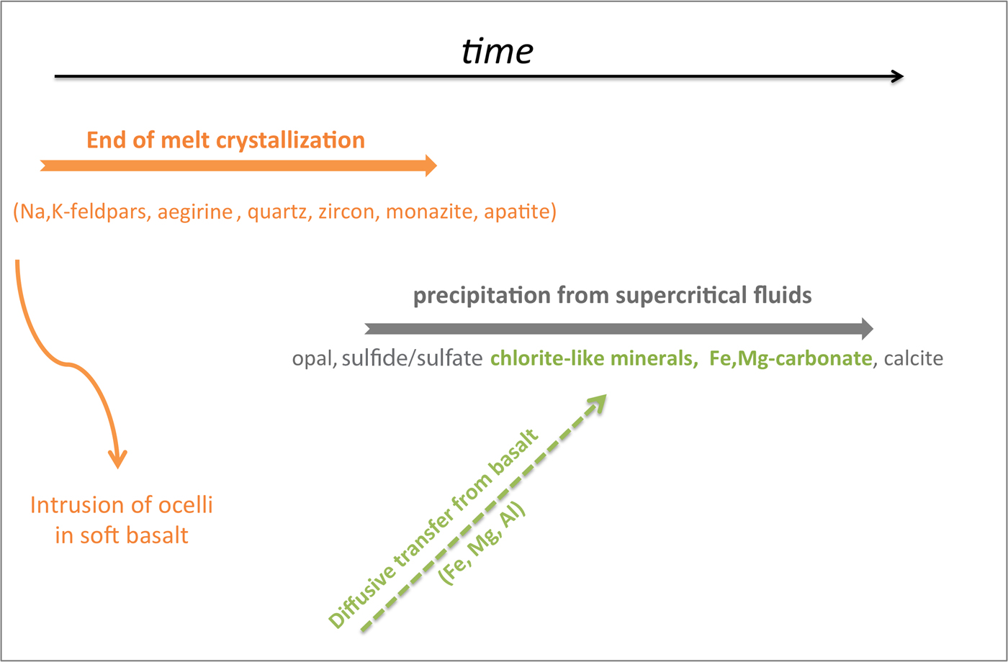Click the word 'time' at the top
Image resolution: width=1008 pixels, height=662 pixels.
498,51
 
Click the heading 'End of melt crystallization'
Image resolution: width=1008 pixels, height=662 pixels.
225,140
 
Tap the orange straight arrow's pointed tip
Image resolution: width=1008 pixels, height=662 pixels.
436,166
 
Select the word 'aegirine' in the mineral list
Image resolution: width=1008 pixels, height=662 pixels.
195,212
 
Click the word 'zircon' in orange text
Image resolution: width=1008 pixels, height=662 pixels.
346,212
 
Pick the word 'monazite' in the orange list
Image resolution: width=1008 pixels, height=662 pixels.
431,212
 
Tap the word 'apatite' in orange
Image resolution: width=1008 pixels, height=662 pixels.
517,212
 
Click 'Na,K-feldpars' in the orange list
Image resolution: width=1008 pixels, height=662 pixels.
85,212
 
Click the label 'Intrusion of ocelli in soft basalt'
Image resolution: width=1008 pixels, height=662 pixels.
122,520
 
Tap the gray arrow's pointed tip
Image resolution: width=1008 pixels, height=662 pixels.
873,329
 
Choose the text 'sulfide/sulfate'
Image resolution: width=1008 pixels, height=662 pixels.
412,358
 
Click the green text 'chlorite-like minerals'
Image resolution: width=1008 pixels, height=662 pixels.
594,358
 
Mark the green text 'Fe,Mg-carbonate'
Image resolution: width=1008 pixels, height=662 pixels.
791,358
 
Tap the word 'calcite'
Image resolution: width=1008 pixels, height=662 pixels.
914,358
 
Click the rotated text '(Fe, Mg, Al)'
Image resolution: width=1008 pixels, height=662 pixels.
482,543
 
